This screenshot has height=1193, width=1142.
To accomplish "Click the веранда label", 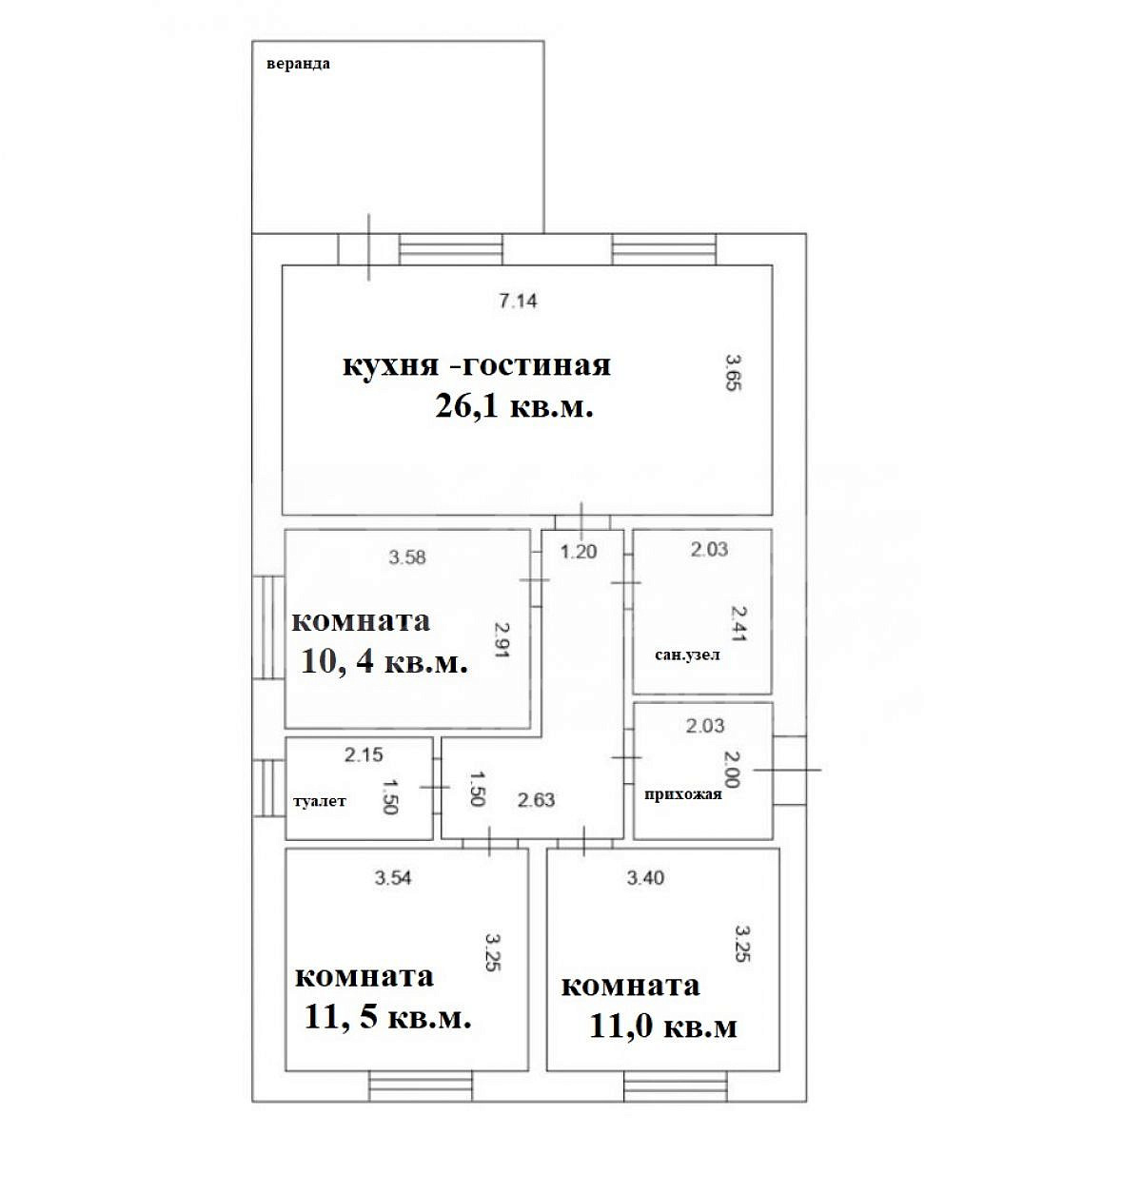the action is [x=298, y=63].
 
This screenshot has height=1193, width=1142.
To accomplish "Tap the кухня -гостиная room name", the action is [x=477, y=364].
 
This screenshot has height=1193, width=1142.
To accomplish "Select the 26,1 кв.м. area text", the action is [x=514, y=405].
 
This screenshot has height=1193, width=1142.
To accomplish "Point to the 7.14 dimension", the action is [x=519, y=301].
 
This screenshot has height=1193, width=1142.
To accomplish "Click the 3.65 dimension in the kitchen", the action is [x=733, y=372].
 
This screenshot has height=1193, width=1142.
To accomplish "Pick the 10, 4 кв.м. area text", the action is [x=384, y=661].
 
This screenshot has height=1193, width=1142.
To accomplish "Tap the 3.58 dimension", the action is [x=407, y=557].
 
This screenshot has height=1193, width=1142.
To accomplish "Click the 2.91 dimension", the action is [x=502, y=640].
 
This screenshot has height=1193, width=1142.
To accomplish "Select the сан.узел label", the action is [x=687, y=655].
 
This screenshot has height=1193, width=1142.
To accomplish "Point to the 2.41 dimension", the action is [x=738, y=623].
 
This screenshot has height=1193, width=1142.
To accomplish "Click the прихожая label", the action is [x=682, y=794].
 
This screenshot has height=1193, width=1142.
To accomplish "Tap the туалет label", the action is [x=320, y=801].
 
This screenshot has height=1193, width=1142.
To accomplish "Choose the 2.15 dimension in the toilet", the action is [x=364, y=754].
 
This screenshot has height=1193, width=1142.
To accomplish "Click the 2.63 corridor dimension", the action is [x=536, y=800].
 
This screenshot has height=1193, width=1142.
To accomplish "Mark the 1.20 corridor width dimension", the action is [x=579, y=552].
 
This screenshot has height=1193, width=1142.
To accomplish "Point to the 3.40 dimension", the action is [x=645, y=878].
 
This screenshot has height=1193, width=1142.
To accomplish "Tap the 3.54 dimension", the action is [x=393, y=878].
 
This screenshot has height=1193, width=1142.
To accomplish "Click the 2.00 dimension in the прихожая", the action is [x=732, y=770].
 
